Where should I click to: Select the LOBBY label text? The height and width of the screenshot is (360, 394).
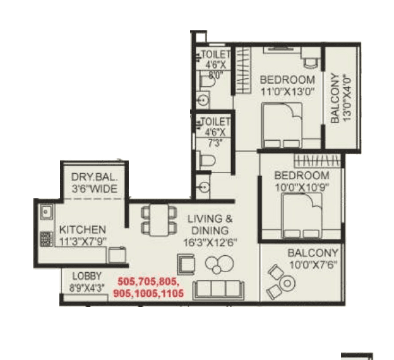click(86, 276)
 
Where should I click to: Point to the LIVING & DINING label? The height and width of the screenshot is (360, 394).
click(210, 224)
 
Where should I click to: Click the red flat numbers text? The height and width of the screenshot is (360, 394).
click(149, 288)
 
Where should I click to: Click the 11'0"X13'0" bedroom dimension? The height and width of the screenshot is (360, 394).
click(287, 91)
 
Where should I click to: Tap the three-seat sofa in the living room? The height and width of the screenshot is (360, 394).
click(218, 290)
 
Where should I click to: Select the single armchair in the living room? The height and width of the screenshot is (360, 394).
click(187, 262)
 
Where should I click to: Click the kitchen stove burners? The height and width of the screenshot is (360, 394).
click(46, 241)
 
